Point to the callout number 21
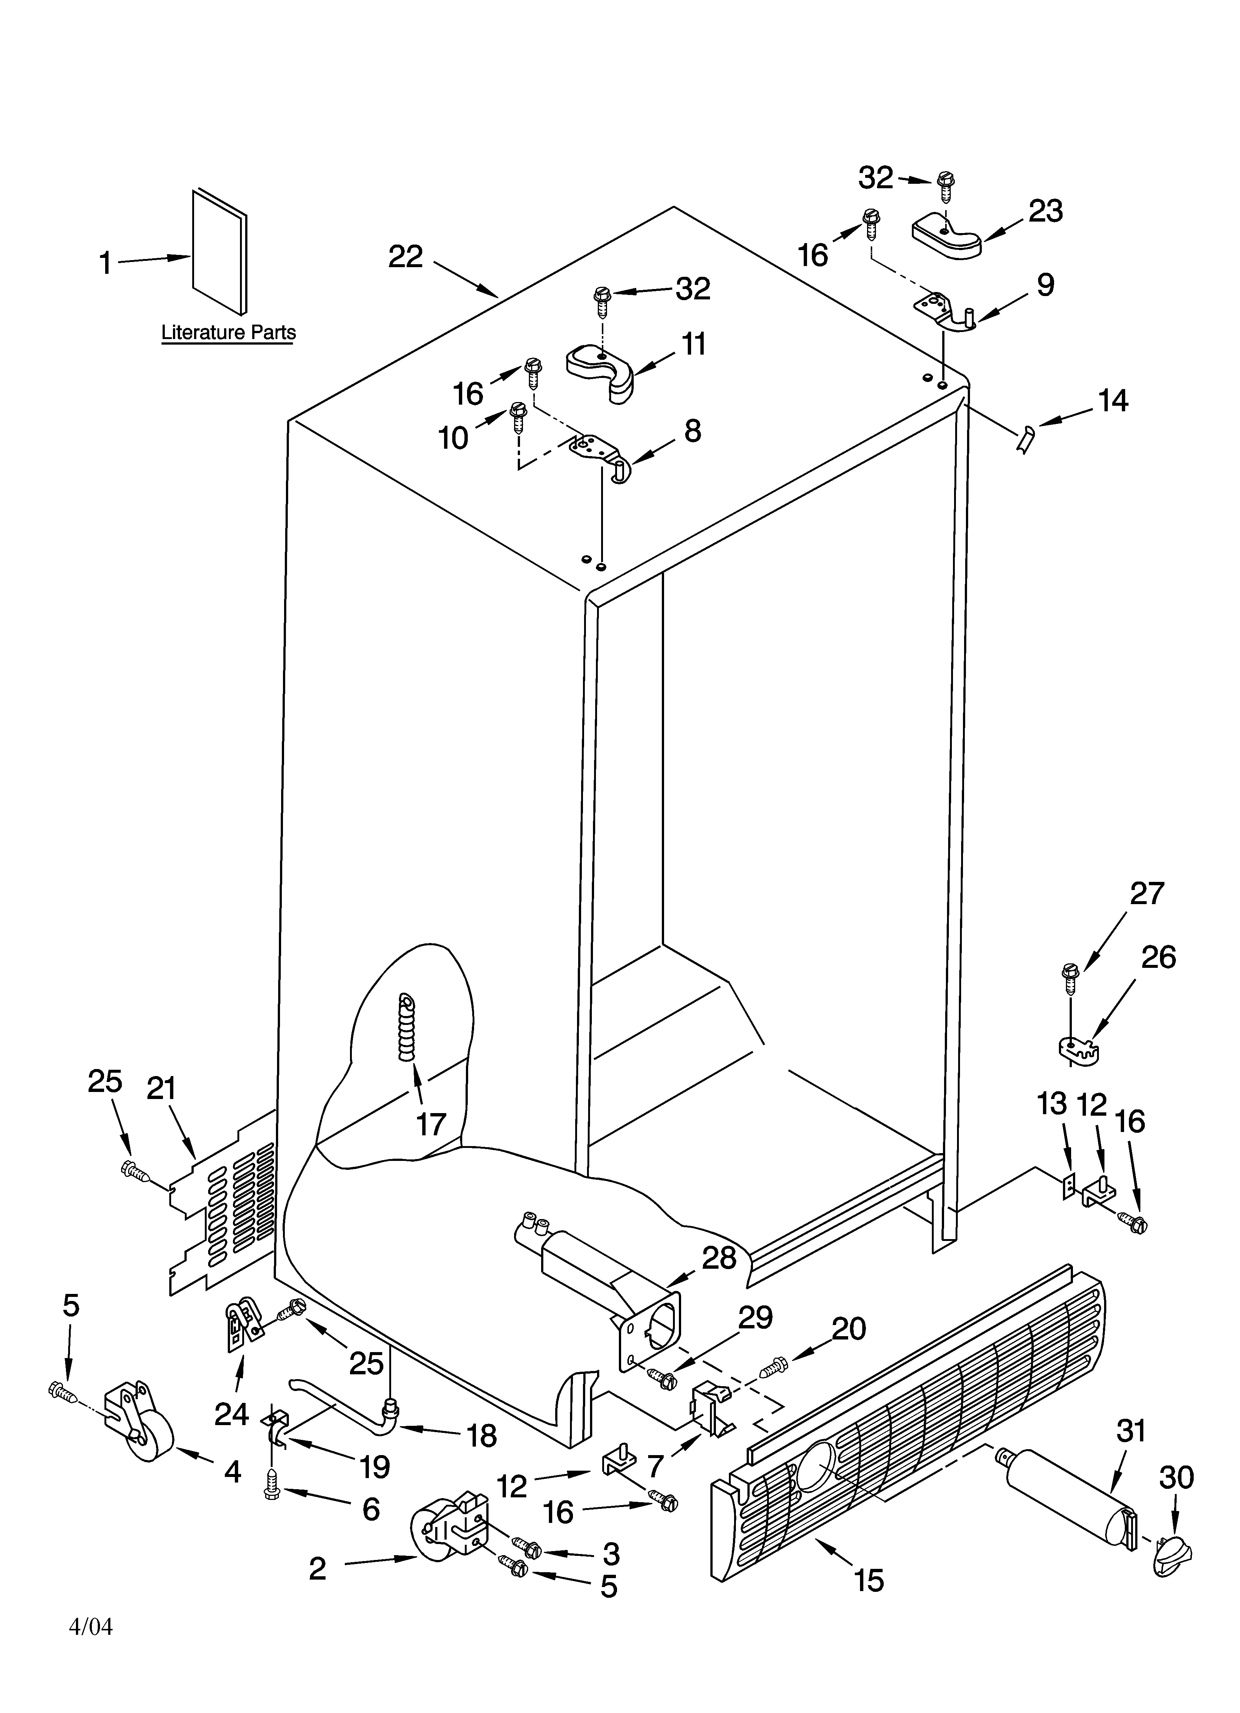(x=161, y=1088)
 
